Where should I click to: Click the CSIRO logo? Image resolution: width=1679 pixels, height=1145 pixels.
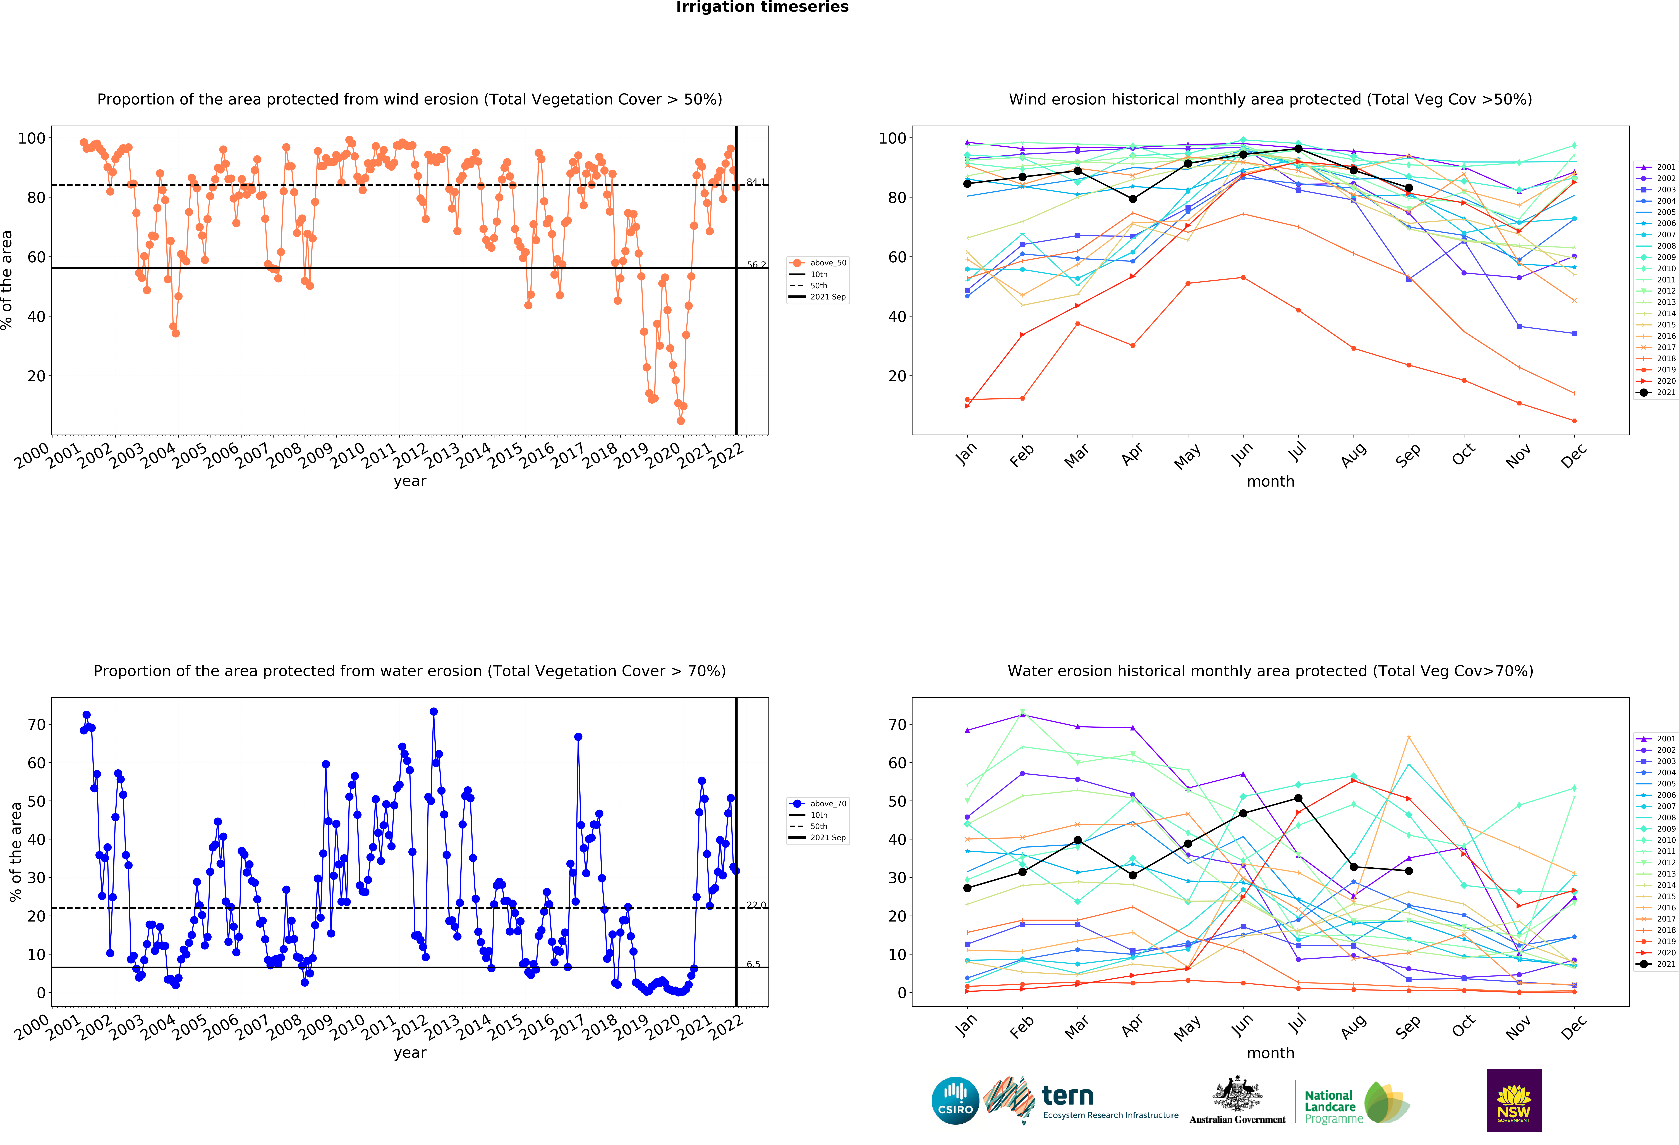955,1100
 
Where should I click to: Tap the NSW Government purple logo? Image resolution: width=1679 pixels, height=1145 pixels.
1513,1100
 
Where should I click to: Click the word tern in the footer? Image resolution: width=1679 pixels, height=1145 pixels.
1068,1096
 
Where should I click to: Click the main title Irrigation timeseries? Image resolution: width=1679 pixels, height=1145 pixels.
762,7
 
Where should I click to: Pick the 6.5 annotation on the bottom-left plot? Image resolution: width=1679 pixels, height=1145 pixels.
754,964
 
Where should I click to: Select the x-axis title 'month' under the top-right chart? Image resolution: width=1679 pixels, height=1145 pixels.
1270,481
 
